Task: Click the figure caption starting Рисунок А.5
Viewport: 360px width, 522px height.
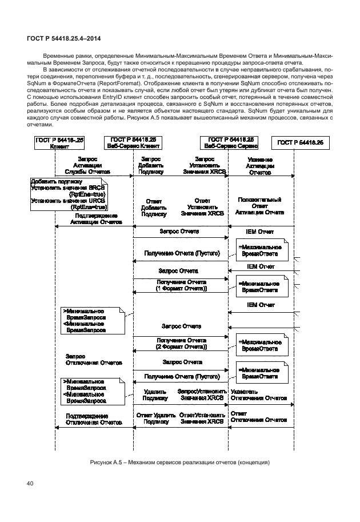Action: [179, 462]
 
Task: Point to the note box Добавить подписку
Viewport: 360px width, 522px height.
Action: [69, 194]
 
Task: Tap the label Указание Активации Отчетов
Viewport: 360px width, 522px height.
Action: [261, 165]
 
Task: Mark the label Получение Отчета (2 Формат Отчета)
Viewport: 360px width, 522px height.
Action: [181, 344]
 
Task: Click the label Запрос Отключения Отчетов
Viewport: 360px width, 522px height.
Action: [94, 359]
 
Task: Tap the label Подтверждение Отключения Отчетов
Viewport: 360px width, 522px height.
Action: [94, 419]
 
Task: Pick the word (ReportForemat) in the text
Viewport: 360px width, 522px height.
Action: [115, 83]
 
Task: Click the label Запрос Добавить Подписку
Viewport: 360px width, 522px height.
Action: [151, 165]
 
